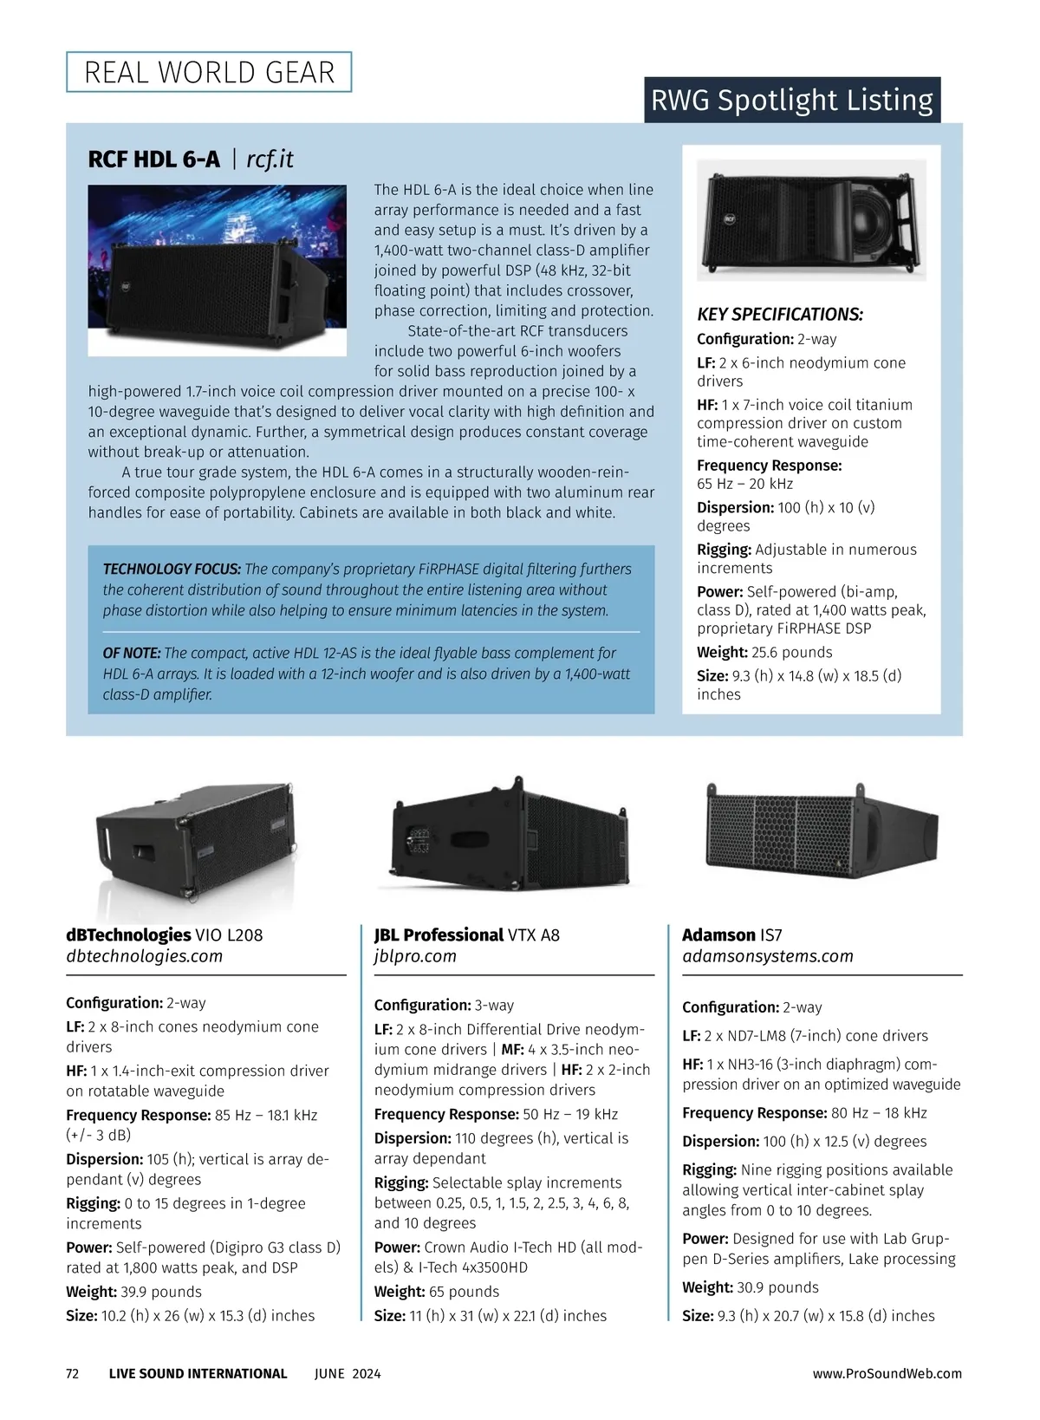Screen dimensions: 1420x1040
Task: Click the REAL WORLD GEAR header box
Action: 209,72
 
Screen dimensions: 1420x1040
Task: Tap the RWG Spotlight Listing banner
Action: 791,101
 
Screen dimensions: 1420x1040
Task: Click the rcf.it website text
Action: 270,160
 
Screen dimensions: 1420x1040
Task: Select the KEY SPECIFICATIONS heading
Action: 780,315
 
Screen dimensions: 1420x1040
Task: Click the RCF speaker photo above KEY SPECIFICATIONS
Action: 811,219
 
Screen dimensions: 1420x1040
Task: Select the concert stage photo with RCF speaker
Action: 218,270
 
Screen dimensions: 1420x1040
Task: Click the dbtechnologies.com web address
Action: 145,956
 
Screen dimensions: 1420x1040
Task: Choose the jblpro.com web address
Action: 415,956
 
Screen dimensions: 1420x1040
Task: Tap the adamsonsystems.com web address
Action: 768,956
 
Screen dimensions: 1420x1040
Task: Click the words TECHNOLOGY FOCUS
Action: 172,570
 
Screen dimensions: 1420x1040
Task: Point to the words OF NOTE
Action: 132,653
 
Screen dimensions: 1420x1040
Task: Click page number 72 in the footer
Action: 73,1373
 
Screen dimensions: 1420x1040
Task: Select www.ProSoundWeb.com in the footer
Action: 887,1373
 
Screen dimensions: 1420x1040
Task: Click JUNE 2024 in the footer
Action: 348,1373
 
